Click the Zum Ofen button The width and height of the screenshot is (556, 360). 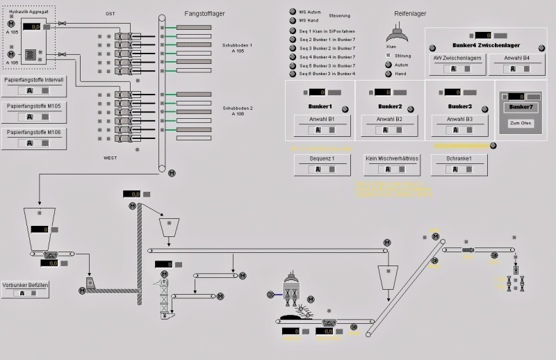pos(521,123)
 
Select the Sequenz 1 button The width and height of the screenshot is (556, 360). pos(322,158)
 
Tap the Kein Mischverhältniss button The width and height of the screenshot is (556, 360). pos(392,158)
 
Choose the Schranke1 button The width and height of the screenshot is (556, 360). pos(459,158)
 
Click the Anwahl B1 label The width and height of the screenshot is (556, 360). pos(322,120)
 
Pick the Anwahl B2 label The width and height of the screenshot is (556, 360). pos(390,120)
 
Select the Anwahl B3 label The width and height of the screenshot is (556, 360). pos(459,120)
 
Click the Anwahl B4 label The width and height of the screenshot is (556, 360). pos(517,58)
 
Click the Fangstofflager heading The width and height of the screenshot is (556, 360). pos(204,13)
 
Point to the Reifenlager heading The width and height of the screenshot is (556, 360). pos(410,13)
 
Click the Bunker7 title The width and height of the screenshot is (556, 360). pos(521,107)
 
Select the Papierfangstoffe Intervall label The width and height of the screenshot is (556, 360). pos(33,80)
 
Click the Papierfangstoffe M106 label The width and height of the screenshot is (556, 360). pos(33,132)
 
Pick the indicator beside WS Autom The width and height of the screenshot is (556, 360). pos(292,12)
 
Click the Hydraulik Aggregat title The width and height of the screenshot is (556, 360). pos(28,12)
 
